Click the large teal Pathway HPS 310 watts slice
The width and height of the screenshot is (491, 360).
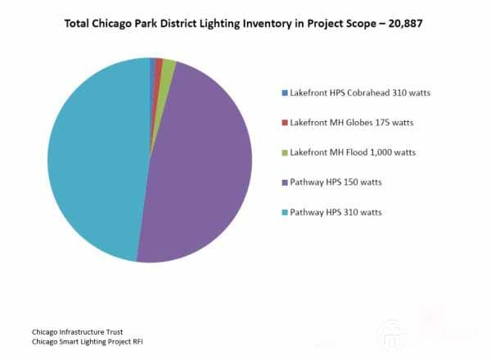94,160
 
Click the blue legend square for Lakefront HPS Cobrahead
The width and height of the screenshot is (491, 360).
285,92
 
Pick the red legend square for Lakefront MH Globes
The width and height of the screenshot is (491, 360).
285,123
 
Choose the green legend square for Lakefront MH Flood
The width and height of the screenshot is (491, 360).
285,152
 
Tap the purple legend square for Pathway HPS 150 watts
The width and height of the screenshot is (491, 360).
285,182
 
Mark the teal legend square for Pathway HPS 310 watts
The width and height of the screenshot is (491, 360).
285,213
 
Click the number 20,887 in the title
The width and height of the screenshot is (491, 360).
408,24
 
